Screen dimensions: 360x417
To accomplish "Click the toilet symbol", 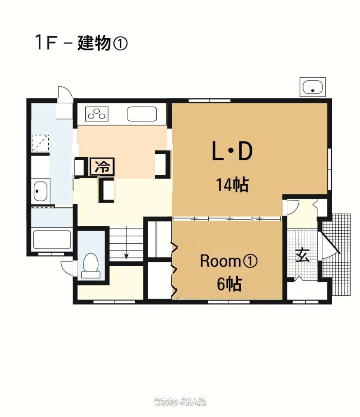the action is [x=90, y=266].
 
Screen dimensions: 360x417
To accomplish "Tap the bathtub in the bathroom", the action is [x=52, y=240].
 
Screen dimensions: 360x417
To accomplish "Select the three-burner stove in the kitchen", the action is [x=97, y=114].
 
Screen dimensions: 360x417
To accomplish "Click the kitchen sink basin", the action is [x=142, y=114].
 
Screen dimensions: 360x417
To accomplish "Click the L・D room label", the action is [x=232, y=151].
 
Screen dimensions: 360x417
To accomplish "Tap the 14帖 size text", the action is [x=233, y=185].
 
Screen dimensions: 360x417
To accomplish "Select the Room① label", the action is [x=228, y=261].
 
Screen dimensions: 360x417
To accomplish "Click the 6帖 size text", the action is [x=229, y=284].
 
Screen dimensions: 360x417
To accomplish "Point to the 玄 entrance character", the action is [x=303, y=255].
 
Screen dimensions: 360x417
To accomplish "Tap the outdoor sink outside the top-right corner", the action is [x=313, y=87].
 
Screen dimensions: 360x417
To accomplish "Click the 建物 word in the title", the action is [x=94, y=43].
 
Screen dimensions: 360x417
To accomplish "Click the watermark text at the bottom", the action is [x=180, y=402].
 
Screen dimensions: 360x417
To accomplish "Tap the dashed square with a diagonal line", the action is [x=41, y=143].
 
